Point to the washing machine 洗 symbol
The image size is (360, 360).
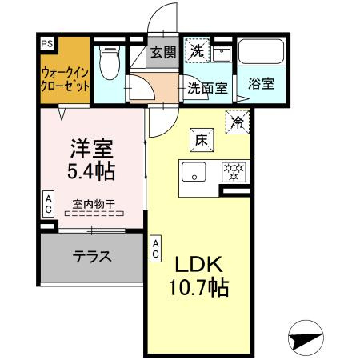tap(197, 50)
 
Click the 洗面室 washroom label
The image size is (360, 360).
tap(206, 88)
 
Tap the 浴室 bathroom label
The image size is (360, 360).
tap(259, 82)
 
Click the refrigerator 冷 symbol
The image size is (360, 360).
tap(238, 122)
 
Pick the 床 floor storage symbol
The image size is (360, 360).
tap(199, 139)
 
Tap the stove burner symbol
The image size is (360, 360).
tap(234, 171)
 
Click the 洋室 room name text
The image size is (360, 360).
tap(90, 149)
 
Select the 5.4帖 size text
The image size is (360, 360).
tap(90, 171)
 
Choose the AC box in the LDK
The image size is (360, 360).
tap(154, 247)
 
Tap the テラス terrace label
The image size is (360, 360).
tap(92, 257)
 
